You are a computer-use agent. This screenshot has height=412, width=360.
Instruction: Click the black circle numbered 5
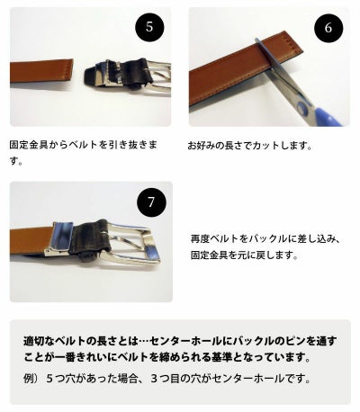148,26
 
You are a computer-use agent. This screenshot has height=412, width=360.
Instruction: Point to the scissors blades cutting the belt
270,64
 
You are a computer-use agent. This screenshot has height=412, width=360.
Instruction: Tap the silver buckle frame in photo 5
148,67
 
